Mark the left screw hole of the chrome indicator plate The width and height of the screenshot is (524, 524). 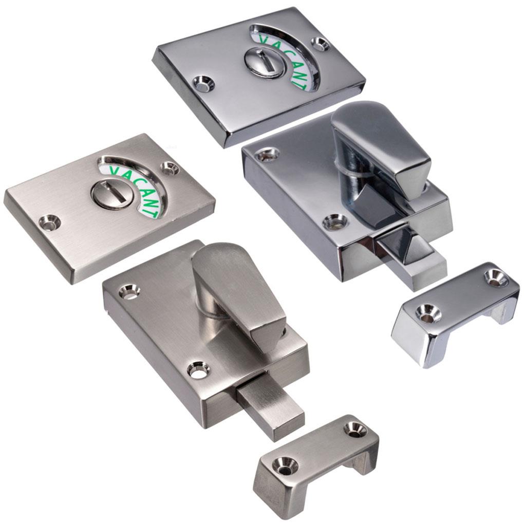click(x=204, y=83)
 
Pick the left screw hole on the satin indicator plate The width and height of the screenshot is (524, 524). click(x=50, y=222)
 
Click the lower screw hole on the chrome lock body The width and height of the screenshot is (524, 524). click(x=335, y=221)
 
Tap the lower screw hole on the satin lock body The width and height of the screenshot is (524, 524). click(x=197, y=369)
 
